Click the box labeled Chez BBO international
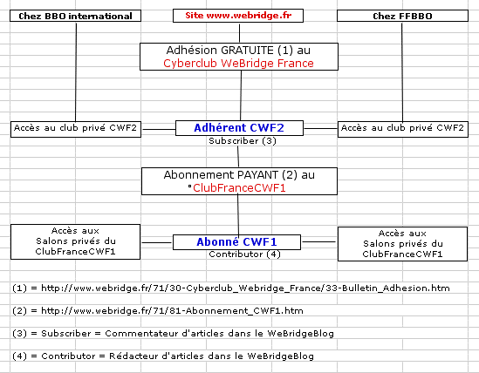(75, 16)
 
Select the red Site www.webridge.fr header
(238, 16)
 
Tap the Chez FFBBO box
(402, 16)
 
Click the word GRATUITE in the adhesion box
(247, 50)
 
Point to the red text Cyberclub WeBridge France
(238, 64)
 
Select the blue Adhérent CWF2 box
(239, 128)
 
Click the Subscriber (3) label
(243, 140)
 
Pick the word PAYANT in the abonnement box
(258, 175)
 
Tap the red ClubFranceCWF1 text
(239, 188)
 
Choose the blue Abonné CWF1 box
(236, 242)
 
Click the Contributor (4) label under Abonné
(244, 254)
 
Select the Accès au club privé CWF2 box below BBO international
(76, 129)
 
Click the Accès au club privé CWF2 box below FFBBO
(403, 129)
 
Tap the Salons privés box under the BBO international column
(75, 241)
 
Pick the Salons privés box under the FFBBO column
(402, 243)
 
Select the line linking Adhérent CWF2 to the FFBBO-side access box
(321, 128)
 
